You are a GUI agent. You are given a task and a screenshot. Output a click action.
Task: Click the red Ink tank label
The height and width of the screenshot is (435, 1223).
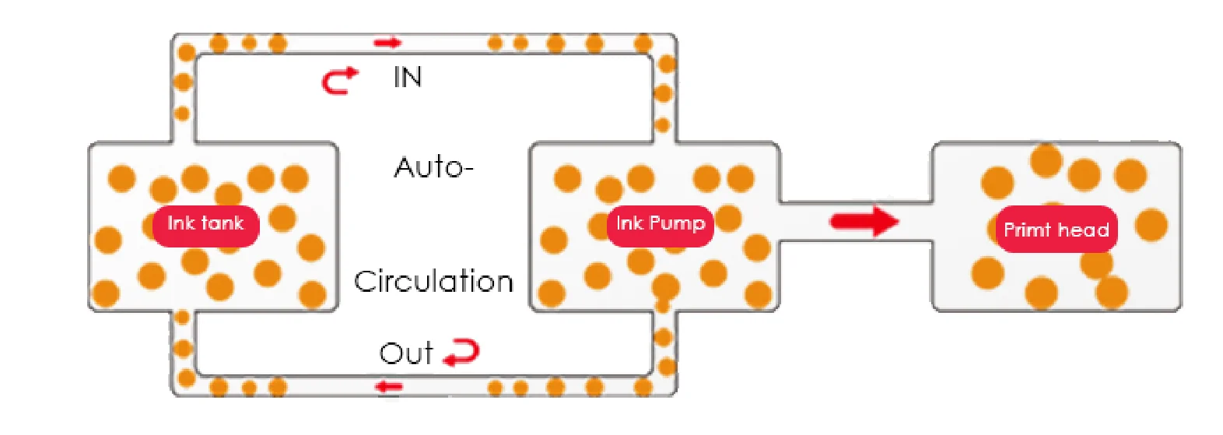pyautogui.click(x=205, y=225)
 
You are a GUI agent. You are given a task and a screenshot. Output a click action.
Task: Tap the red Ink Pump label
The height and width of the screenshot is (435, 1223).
pyautogui.click(x=660, y=225)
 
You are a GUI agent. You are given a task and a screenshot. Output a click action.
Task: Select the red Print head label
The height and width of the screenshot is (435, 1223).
pyautogui.click(x=1056, y=230)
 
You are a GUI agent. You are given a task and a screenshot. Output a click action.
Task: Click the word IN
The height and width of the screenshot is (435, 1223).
pyautogui.click(x=407, y=77)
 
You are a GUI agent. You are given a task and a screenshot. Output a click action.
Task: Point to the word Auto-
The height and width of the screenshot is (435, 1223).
pyautogui.click(x=433, y=167)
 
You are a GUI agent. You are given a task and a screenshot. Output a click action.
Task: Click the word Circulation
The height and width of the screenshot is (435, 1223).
pyautogui.click(x=433, y=281)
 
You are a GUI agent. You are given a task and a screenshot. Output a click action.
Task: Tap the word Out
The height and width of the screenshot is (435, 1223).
pyautogui.click(x=405, y=353)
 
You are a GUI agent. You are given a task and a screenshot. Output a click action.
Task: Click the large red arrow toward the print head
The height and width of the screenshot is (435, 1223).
pyautogui.click(x=864, y=221)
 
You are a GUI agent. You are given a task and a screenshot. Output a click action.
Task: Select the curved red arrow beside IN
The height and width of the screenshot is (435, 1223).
pyautogui.click(x=340, y=79)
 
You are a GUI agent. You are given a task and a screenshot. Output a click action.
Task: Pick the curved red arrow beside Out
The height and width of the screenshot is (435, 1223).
pyautogui.click(x=462, y=353)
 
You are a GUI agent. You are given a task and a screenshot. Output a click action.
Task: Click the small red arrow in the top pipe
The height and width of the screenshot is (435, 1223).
pyautogui.click(x=387, y=42)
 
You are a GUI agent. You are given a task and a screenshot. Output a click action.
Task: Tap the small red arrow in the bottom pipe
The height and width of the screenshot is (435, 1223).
pyautogui.click(x=388, y=386)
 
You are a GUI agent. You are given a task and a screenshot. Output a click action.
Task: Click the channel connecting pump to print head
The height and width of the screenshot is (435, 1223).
pyautogui.click(x=809, y=222)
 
